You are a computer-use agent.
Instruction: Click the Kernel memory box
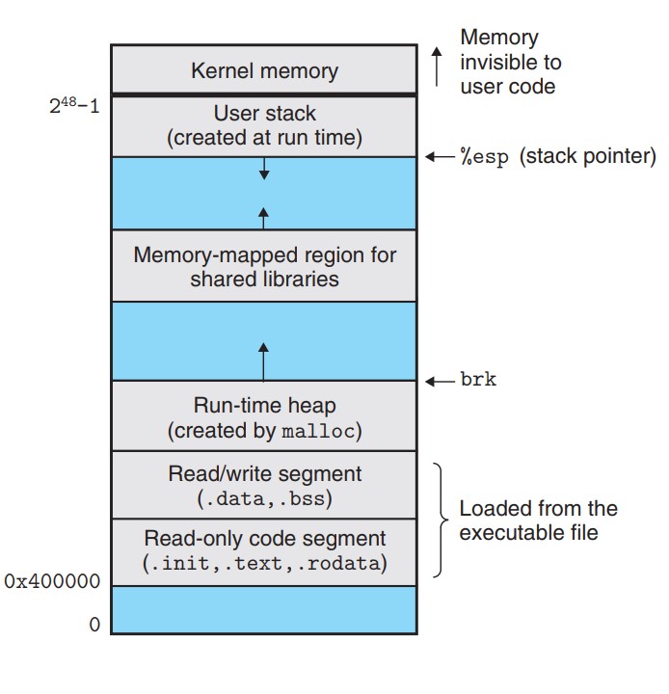pos(264,69)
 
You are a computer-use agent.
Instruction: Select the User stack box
pos(264,126)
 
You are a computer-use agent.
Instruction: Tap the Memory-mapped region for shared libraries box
pos(264,266)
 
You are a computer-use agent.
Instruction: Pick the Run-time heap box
pos(264,417)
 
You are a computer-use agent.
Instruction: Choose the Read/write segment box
pos(264,486)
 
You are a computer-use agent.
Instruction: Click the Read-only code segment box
pos(264,550)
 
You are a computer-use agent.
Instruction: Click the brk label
pos(479,380)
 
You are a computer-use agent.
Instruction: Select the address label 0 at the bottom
pos(94,625)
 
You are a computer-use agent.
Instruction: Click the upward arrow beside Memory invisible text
pos(436,62)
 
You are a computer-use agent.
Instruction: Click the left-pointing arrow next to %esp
pos(440,156)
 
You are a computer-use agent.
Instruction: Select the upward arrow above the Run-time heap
pos(264,360)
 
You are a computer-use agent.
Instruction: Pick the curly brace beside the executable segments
pos(441,520)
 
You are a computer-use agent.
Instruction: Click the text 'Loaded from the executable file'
pos(538,520)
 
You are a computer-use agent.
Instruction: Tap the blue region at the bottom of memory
pos(264,610)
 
